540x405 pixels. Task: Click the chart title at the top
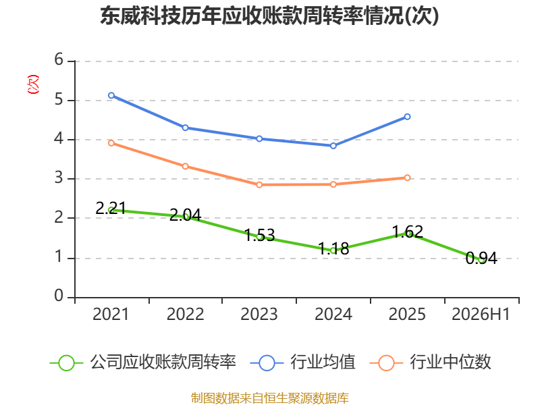coord(269,16)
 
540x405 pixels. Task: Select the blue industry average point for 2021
coord(111,95)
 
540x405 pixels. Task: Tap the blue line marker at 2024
coord(333,146)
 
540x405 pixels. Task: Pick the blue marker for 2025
coord(407,117)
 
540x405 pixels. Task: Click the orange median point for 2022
coord(185,166)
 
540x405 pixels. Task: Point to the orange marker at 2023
coord(259,185)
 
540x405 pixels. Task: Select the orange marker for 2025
coord(407,178)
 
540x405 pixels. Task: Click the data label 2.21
coord(111,208)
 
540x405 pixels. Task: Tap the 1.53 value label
coord(260,235)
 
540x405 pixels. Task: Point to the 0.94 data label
coord(481,258)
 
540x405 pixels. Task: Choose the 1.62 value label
coord(408,232)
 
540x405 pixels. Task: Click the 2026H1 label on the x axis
coord(481,314)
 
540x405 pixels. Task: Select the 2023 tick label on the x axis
coord(259,314)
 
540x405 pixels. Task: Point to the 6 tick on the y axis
coord(59,59)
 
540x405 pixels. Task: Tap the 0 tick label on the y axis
coord(59,296)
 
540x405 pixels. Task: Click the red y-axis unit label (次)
coord(33,84)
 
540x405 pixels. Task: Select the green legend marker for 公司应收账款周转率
coord(66,363)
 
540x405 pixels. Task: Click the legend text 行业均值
coord(323,362)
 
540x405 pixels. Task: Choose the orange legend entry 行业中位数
coord(430,362)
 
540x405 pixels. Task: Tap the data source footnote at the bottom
coord(270,398)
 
